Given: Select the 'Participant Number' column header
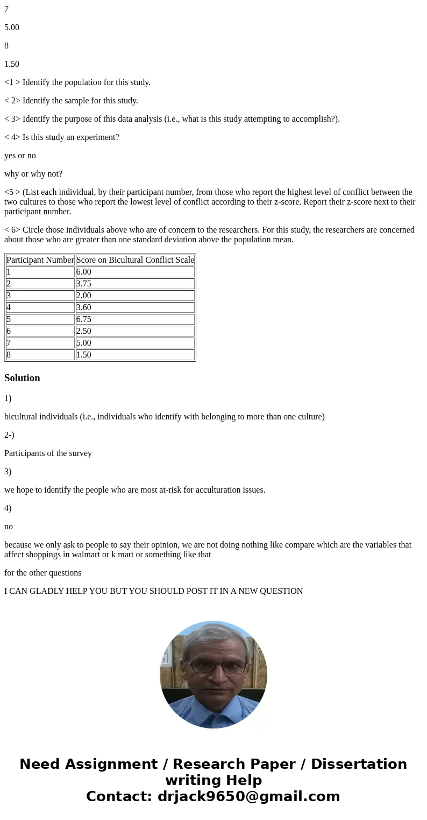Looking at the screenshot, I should pos(40,260).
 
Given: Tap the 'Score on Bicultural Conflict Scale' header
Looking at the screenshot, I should pos(135,260).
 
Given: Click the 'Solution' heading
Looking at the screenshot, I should pos(22,378).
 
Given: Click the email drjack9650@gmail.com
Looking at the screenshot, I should pos(248,796).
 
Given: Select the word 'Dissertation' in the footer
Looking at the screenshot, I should pos(359,764).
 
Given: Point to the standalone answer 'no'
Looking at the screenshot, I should pos(9,527).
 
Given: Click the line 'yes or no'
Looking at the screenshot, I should pos(20,156).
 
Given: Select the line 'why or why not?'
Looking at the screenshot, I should pos(33,174).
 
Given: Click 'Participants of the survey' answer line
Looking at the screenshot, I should pos(48,453).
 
